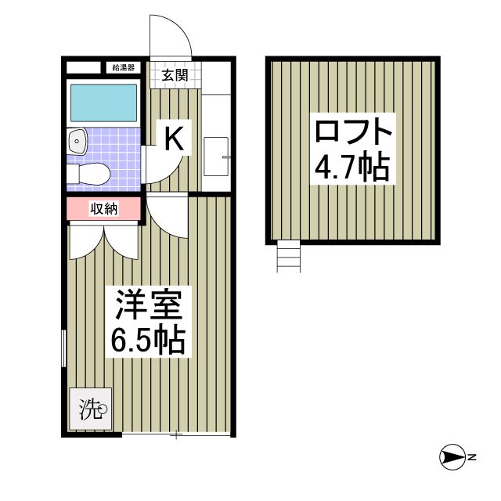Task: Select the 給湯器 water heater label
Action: (x=124, y=67)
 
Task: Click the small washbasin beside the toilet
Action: (x=78, y=142)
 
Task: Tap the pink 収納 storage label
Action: (x=103, y=208)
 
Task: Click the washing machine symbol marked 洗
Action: (x=91, y=408)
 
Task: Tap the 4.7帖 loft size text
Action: (x=351, y=167)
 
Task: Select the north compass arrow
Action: (x=452, y=457)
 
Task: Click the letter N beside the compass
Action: (x=473, y=457)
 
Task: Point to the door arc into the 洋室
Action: (x=167, y=215)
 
